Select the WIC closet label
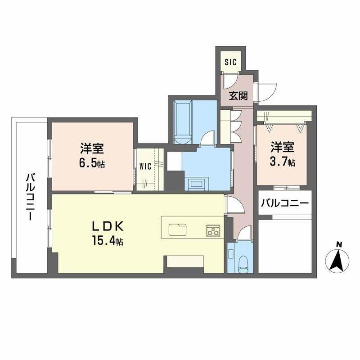pos(145,166)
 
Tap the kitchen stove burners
pos(212,229)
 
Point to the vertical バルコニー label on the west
pos(30,196)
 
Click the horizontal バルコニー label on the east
pos(284,203)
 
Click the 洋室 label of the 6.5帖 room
pos(93,148)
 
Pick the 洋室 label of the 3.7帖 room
pos(283,147)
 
